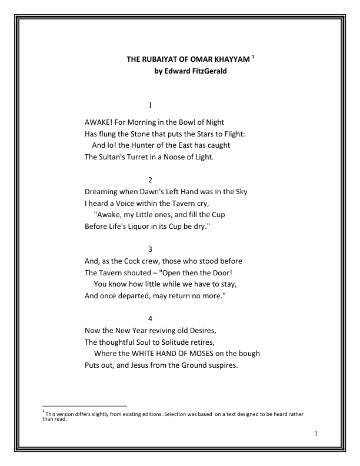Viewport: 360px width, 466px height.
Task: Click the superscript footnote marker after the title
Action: [x=253, y=57]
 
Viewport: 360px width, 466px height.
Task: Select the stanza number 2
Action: [x=151, y=179]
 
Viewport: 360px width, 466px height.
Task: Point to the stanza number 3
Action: [x=151, y=249]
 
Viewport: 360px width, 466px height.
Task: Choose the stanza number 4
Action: [x=151, y=318]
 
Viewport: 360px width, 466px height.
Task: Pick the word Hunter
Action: [x=144, y=145]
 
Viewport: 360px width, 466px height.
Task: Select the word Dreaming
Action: [x=102, y=192]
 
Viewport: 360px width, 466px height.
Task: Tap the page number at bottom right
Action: [x=316, y=434]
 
